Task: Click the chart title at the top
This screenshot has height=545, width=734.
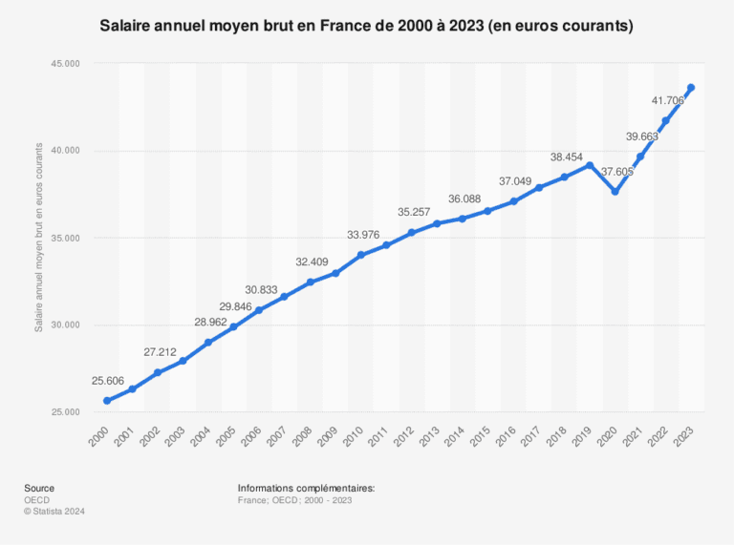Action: coord(366,27)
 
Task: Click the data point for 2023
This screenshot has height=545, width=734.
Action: coord(691,88)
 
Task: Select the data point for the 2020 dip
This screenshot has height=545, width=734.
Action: coord(615,192)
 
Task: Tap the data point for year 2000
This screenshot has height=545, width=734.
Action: coord(106,401)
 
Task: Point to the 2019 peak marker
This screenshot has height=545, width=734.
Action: coord(590,165)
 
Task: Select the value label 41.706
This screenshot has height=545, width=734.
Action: coord(667,100)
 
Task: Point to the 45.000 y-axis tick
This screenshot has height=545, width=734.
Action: coord(65,64)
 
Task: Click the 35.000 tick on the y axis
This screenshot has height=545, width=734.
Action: coord(65,238)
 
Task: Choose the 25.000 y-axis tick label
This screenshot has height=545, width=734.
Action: coord(65,412)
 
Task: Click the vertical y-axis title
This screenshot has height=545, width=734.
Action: coord(39,238)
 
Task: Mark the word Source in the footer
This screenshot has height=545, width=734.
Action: coord(39,488)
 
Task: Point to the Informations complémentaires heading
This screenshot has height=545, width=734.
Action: coord(306,488)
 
